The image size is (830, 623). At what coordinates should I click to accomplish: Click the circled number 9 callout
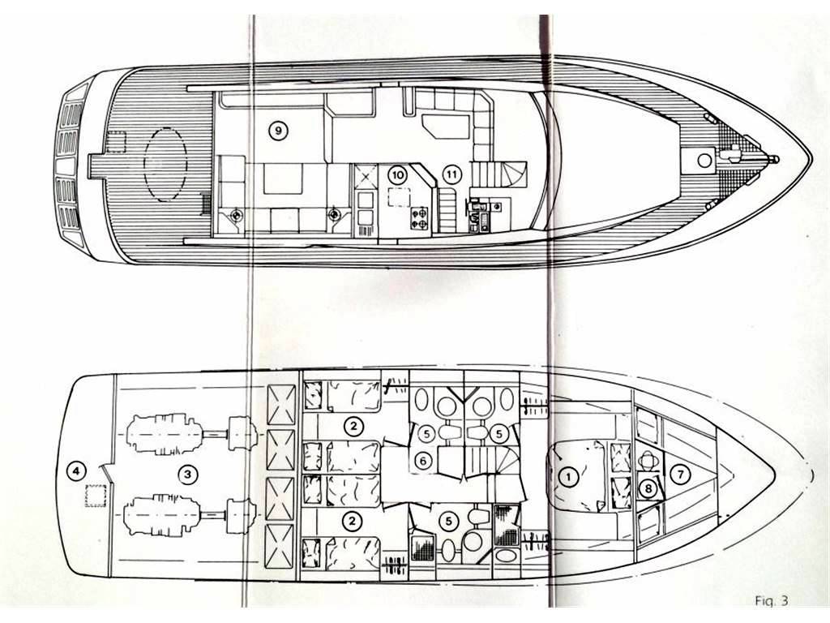[278, 130]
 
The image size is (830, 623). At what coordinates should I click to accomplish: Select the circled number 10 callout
[397, 174]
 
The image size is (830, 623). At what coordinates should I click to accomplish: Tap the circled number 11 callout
[451, 174]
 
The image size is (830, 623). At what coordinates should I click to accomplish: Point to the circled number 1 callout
[569, 477]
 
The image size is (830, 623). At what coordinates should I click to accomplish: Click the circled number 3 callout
[187, 474]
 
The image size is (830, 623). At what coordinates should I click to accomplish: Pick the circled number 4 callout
[77, 470]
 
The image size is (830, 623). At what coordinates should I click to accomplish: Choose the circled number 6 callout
[423, 462]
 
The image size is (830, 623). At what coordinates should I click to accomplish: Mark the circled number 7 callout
[681, 474]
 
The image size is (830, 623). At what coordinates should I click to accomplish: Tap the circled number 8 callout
[649, 488]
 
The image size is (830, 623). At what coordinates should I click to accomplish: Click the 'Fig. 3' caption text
[772, 601]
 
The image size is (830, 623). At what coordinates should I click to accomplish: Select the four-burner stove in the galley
[419, 218]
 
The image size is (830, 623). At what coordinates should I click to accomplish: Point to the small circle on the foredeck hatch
[704, 160]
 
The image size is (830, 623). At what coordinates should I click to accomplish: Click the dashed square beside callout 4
[96, 496]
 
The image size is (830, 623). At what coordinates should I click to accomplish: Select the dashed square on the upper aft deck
[116, 142]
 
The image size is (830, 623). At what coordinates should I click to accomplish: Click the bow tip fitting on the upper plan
[775, 158]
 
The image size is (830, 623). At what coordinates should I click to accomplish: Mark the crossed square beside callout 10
[364, 175]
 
